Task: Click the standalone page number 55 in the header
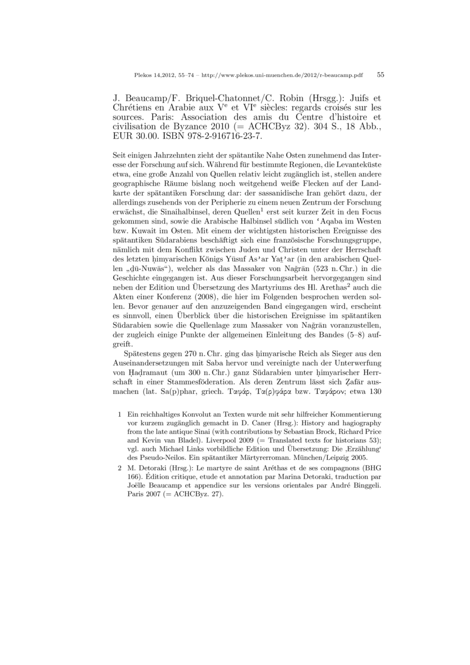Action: point(380,75)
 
